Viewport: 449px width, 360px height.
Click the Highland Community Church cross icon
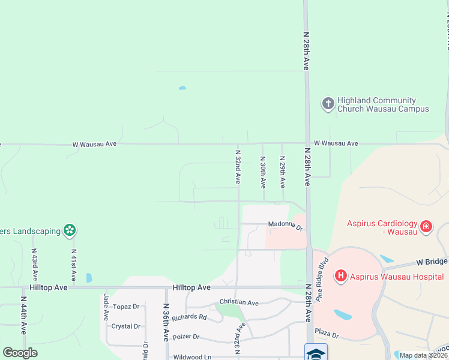point(328,104)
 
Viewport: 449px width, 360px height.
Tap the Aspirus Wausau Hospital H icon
point(340,276)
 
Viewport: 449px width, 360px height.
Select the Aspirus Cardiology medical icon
point(426,226)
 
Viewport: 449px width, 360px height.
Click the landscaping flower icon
point(70,230)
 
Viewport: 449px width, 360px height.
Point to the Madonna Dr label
point(285,225)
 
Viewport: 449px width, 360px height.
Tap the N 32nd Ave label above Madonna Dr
point(238,166)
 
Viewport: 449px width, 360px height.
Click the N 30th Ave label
point(262,172)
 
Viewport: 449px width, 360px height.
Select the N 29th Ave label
point(282,172)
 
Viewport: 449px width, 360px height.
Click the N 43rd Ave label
point(35,265)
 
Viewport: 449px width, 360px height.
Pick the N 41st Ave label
point(73,265)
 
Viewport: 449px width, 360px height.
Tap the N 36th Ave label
point(166,322)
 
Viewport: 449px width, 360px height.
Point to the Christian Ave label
point(238,303)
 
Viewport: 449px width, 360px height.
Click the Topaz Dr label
point(125,307)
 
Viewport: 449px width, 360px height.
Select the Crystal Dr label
point(125,326)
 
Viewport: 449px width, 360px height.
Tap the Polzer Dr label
point(185,337)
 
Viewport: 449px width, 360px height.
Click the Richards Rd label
point(189,317)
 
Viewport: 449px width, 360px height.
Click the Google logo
point(20,353)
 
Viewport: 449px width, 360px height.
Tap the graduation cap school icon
point(316,352)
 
